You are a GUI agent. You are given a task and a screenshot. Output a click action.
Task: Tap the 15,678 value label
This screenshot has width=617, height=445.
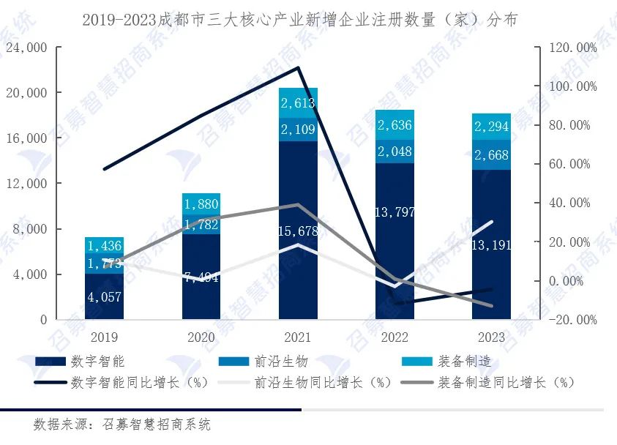tap(298, 231)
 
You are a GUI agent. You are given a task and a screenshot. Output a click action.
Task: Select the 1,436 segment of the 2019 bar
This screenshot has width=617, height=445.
tap(104, 246)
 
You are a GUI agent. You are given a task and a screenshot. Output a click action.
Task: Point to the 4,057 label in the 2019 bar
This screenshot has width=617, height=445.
tap(104, 297)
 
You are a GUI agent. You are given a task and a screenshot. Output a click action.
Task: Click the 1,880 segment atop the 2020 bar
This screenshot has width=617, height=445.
tap(201, 203)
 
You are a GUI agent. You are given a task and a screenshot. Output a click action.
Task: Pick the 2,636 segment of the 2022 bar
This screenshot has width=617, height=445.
tap(394, 124)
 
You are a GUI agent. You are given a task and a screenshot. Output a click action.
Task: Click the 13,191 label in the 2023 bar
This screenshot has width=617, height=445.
tap(491, 244)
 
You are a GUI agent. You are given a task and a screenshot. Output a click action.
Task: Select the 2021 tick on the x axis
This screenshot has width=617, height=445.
tap(298, 337)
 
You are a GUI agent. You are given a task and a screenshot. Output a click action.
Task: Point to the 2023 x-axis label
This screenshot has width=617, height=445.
tap(491, 337)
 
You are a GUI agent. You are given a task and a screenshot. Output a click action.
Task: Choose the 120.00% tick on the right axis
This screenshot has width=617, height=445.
tap(573, 48)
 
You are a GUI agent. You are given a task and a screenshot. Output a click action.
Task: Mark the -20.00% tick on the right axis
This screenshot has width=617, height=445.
tap(573, 320)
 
